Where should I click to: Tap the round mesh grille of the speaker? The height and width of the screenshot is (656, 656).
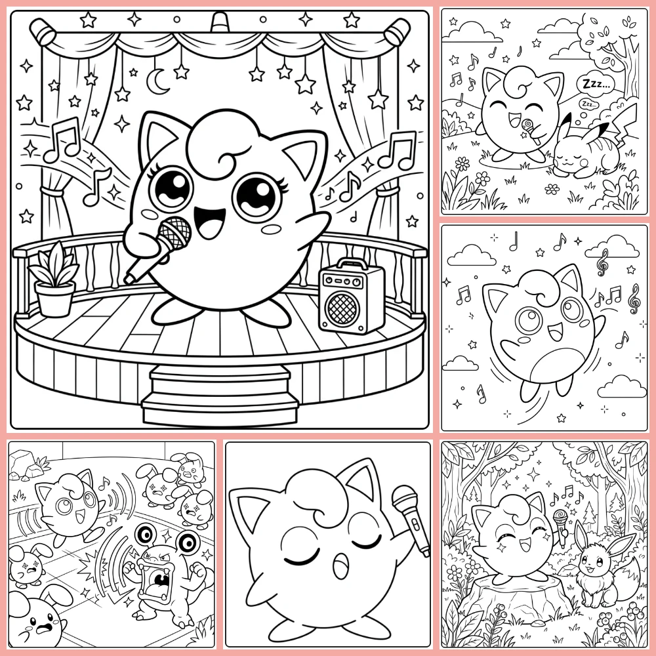tap(341, 308)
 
